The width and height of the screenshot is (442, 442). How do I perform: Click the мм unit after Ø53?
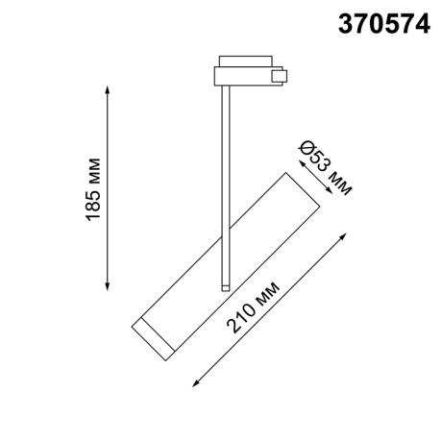click(x=340, y=180)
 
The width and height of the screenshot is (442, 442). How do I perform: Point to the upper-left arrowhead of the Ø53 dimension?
click(x=295, y=161)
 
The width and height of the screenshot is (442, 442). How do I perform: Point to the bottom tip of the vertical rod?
click(x=225, y=285)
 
